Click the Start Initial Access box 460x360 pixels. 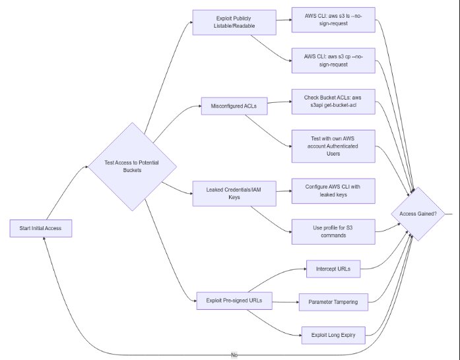pyautogui.click(x=41, y=229)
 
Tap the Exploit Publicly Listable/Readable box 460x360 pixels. pyautogui.click(x=232, y=22)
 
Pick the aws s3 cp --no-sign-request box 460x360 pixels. pyautogui.click(x=333, y=63)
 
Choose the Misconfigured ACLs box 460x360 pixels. pyautogui.click(x=235, y=105)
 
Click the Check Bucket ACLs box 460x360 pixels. pyautogui.click(x=333, y=103)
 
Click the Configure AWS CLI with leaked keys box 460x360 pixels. pyautogui.click(x=333, y=191)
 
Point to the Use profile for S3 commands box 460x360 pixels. pyautogui.click(x=333, y=231)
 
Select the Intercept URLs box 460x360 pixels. pyautogui.click(x=333, y=269)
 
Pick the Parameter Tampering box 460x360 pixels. pyautogui.click(x=333, y=301)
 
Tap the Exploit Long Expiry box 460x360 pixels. pyautogui.click(x=333, y=335)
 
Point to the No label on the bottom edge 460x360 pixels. pyautogui.click(x=234, y=355)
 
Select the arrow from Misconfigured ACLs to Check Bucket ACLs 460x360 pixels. pyautogui.click(x=280, y=104)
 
